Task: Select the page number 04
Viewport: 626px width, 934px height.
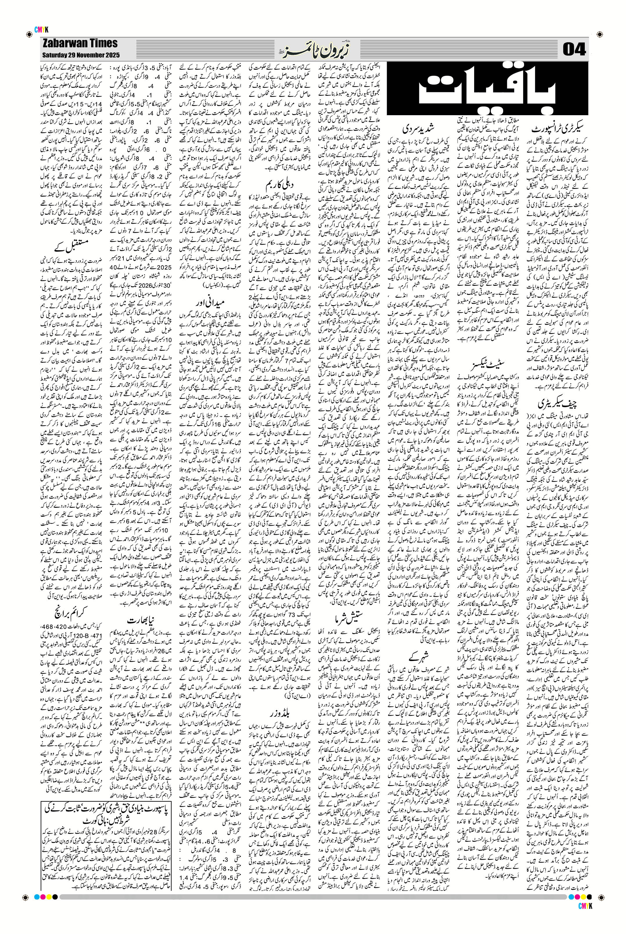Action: tap(574, 50)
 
